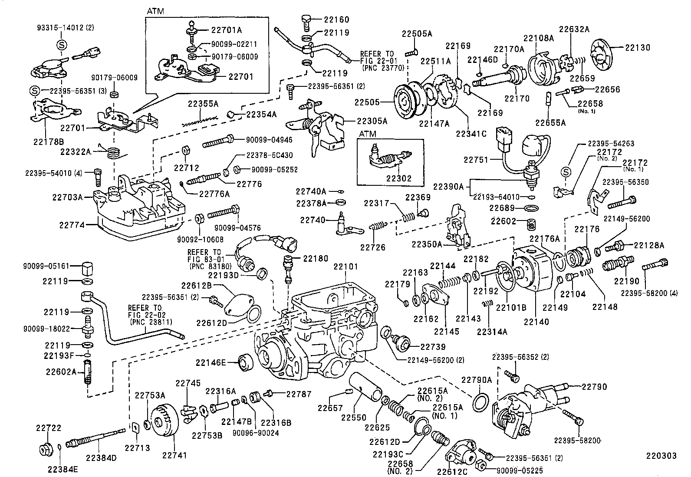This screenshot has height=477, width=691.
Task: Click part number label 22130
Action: tap(638, 48)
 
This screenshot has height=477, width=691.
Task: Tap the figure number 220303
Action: tap(661, 456)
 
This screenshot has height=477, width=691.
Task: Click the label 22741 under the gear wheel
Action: tap(174, 455)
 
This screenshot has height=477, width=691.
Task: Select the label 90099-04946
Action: tap(269, 140)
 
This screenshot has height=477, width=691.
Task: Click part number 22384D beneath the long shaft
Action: tap(101, 457)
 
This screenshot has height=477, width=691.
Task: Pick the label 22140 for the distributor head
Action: tap(536, 322)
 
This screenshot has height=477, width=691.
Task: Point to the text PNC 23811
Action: tap(151, 322)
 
